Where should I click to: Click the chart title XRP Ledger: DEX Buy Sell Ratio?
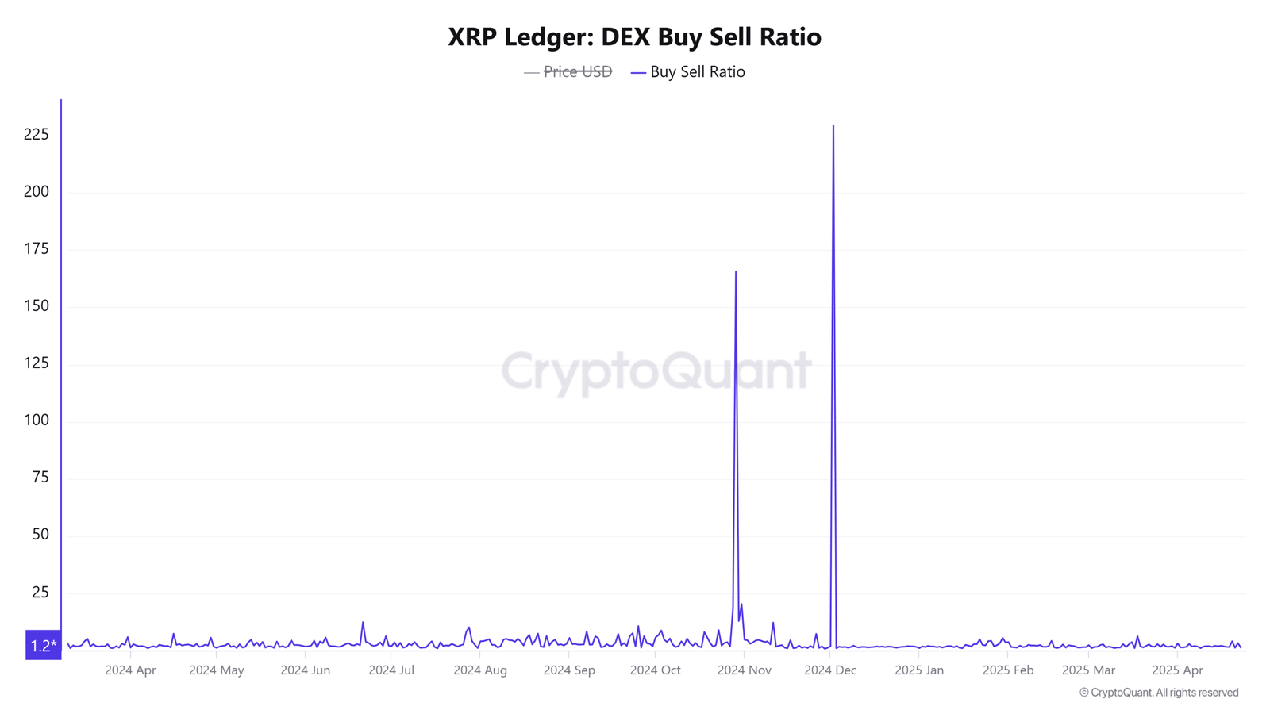634,36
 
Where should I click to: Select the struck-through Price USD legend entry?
577,72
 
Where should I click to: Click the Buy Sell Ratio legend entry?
697,72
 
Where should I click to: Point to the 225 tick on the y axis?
37,134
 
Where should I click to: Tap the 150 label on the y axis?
37,305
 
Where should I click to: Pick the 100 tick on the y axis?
37,420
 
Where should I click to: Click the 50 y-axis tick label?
40,534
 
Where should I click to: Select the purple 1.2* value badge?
43,645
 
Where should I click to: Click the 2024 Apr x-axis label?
130,670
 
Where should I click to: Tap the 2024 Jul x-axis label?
391,670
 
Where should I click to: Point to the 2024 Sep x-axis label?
569,670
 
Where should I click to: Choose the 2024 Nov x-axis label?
744,670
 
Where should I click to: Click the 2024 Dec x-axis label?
830,670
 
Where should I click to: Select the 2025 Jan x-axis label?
919,670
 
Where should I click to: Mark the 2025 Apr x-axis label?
1177,670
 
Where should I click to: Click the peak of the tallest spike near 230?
833,125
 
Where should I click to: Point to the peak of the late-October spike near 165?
736,272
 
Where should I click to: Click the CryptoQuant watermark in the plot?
656,370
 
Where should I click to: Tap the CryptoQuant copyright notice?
1159,693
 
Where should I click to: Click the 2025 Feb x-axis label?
1008,670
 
